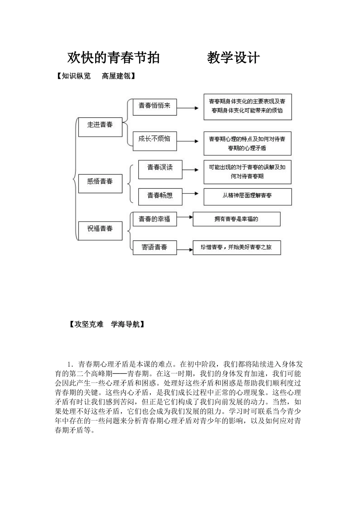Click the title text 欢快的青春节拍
pyautogui.click(x=113, y=58)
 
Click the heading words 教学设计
pyautogui.click(x=233, y=58)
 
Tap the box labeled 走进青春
pyautogui.click(x=100, y=126)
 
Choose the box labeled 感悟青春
pyautogui.click(x=100, y=183)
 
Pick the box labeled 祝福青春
pyautogui.click(x=100, y=230)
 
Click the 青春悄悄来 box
pyautogui.click(x=154, y=107)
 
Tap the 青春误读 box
pyautogui.click(x=160, y=169)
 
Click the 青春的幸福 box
pyautogui.click(x=154, y=220)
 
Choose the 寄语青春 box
pyautogui.click(x=154, y=248)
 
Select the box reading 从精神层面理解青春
pyautogui.click(x=247, y=197)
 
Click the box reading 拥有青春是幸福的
pyautogui.click(x=236, y=219)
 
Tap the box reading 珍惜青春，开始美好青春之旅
pyautogui.click(x=236, y=248)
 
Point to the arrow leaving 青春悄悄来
pyautogui.click(x=188, y=108)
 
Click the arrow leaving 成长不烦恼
pyautogui.click(x=188, y=141)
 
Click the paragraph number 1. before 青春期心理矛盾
pyautogui.click(x=69, y=365)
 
